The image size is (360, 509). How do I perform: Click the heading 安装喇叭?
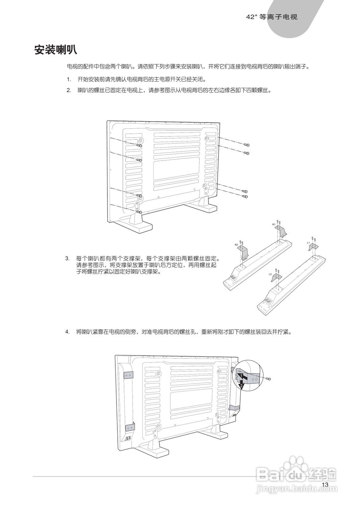pos(56,50)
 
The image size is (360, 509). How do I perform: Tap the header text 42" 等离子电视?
pos(272,17)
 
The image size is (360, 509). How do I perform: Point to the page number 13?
pos(325,484)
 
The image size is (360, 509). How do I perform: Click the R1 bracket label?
pos(274,225)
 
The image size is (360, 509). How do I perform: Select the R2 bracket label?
pos(236,245)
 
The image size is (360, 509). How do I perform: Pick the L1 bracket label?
pos(308,242)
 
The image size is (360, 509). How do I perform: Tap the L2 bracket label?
pos(270,274)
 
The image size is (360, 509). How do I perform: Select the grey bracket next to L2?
pos(276,278)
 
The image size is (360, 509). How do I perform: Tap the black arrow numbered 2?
pos(241,384)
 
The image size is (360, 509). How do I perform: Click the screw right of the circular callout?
pos(269,379)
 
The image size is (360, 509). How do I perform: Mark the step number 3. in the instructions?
pos(67,258)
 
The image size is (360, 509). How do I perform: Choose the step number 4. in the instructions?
pos(67,331)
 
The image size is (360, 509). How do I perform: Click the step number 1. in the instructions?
pos(69,79)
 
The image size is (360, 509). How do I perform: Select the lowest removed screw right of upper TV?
pos(246,196)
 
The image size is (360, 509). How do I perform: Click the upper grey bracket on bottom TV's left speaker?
pos(128,375)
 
